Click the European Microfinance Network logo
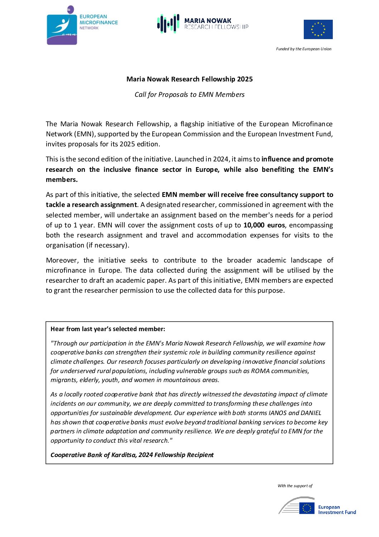click(x=82, y=25)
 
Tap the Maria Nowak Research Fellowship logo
click(x=202, y=24)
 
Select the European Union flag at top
click(x=318, y=29)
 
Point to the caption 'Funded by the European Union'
click(x=303, y=49)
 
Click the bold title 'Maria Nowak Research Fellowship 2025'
click(x=189, y=79)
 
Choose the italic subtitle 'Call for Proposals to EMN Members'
click(x=189, y=95)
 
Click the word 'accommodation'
click(x=221, y=235)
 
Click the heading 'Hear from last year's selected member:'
click(x=108, y=329)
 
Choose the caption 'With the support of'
click(x=295, y=486)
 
